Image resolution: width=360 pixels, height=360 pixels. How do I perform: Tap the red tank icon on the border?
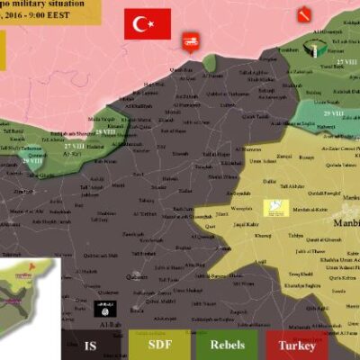[191, 40]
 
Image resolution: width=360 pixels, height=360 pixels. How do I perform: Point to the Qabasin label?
[137, 278]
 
